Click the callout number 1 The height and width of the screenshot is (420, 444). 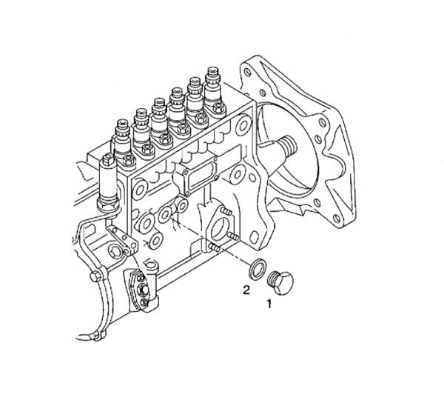[270, 303]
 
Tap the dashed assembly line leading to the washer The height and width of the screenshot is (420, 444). [215, 244]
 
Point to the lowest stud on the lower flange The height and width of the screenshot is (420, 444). [214, 247]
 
